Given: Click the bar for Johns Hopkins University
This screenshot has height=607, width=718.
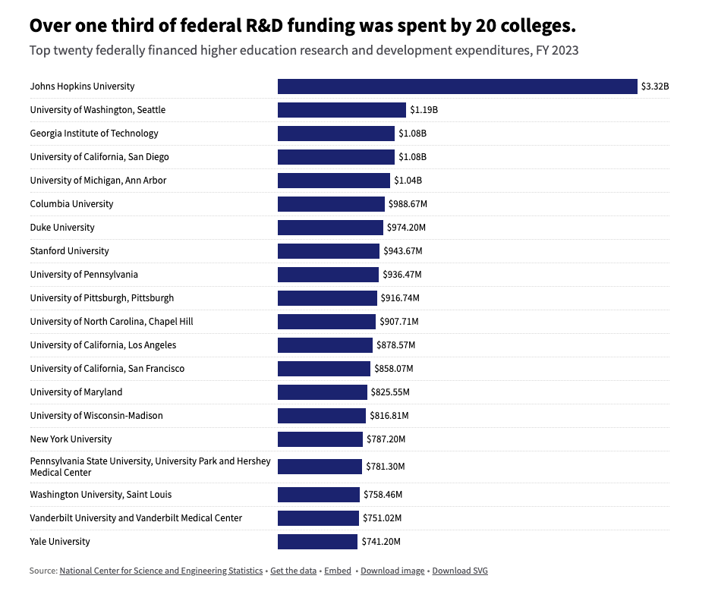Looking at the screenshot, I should click(457, 86).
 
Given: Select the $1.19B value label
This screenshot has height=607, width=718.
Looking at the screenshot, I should click(424, 110).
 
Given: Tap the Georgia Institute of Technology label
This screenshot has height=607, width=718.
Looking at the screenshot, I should click(94, 134).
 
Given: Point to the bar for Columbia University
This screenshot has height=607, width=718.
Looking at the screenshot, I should click(331, 204).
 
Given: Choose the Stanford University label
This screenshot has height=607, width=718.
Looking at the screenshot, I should click(69, 251).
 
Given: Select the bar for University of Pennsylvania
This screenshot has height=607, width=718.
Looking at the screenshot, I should click(328, 275).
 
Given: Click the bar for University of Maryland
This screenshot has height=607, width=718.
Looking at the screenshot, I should click(322, 392).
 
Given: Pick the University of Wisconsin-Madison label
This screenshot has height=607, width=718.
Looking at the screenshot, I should click(96, 416).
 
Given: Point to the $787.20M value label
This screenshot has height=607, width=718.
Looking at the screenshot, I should click(386, 439).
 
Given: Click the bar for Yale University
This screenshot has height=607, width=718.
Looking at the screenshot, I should click(317, 542).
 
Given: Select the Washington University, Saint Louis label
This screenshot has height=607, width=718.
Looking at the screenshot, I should click(101, 495).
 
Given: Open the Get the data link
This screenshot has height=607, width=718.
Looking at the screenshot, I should click(293, 571).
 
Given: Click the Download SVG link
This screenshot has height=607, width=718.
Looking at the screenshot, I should click(460, 571).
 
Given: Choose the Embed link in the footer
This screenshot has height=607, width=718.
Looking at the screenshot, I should click(338, 571).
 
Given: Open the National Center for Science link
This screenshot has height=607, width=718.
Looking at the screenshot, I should click(161, 571).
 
